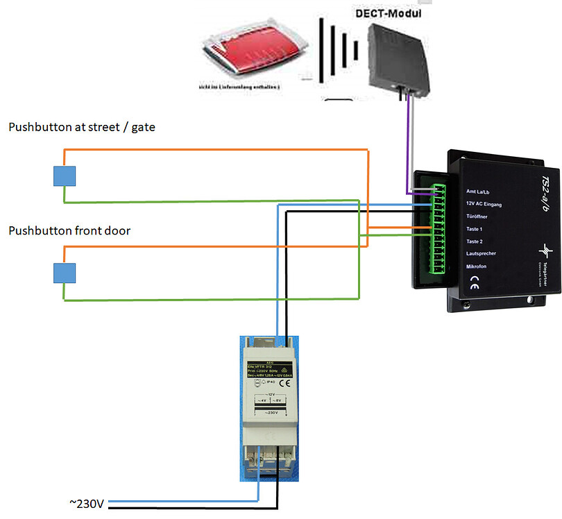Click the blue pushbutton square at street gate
[x=65, y=177]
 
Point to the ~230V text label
[x=86, y=503]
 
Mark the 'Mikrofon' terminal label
[x=477, y=266]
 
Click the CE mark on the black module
[x=474, y=282]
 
